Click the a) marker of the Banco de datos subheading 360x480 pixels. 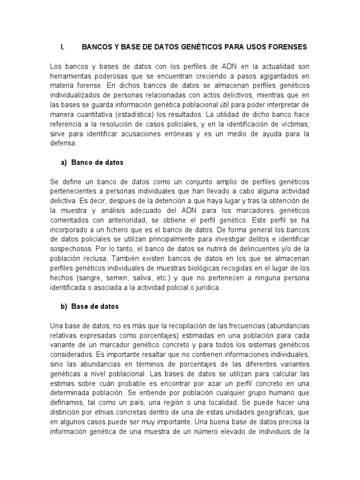[x=64, y=162]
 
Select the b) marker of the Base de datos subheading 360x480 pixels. [x=64, y=307]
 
